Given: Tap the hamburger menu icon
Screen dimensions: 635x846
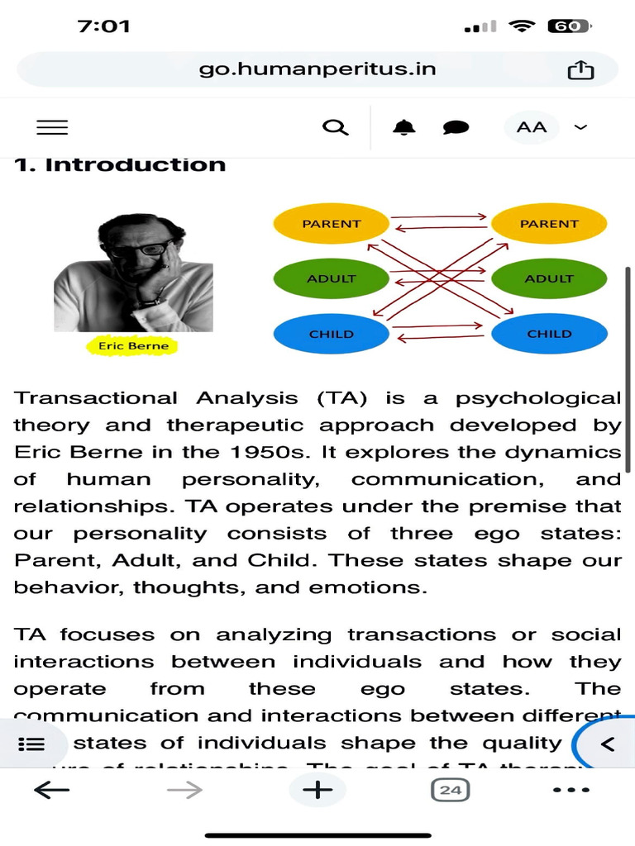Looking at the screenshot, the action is click(x=52, y=127).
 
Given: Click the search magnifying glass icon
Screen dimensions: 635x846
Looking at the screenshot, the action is click(x=334, y=127).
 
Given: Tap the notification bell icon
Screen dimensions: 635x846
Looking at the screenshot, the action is click(x=403, y=127).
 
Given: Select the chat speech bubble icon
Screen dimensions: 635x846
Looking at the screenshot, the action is click(x=456, y=127).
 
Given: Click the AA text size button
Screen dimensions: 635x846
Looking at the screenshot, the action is click(x=532, y=127).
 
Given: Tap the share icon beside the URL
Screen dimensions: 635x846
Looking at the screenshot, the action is click(x=580, y=70).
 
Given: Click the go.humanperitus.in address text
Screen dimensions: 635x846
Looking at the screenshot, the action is click(x=317, y=69).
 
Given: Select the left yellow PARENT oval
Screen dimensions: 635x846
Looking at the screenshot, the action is click(x=332, y=224).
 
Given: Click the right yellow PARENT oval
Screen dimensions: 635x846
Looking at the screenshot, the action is click(x=549, y=224).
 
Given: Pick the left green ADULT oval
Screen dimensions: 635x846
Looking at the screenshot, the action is click(x=331, y=278).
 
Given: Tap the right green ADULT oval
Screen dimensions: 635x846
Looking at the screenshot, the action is click(x=549, y=278).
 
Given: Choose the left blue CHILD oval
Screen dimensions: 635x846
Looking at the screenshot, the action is click(x=331, y=334).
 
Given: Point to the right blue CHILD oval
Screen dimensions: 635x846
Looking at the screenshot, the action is click(x=549, y=334).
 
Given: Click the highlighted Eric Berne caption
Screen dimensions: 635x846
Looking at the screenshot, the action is click(x=132, y=346).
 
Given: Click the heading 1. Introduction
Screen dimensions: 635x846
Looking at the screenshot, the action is click(x=120, y=164).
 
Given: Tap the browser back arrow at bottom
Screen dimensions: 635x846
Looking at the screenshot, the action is click(x=51, y=790).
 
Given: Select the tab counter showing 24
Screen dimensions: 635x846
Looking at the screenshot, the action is click(x=450, y=790).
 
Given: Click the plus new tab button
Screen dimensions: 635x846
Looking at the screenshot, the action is click(x=317, y=790).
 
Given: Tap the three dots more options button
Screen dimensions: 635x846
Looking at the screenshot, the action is click(x=571, y=790).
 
